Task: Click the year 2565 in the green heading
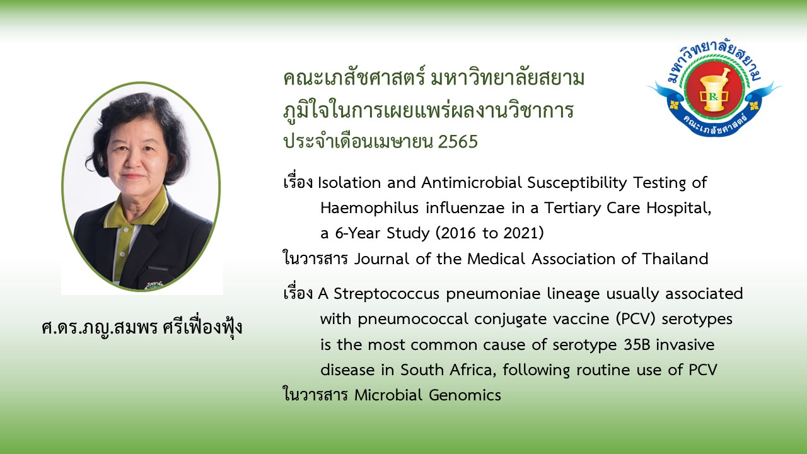click(458, 142)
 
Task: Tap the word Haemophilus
click(369, 209)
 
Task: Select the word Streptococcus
click(386, 294)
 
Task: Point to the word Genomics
click(465, 395)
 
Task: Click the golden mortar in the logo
click(714, 90)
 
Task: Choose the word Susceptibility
click(577, 183)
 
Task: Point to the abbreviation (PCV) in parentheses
click(636, 319)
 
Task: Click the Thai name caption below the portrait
click(142, 327)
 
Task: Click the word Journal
click(382, 259)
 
